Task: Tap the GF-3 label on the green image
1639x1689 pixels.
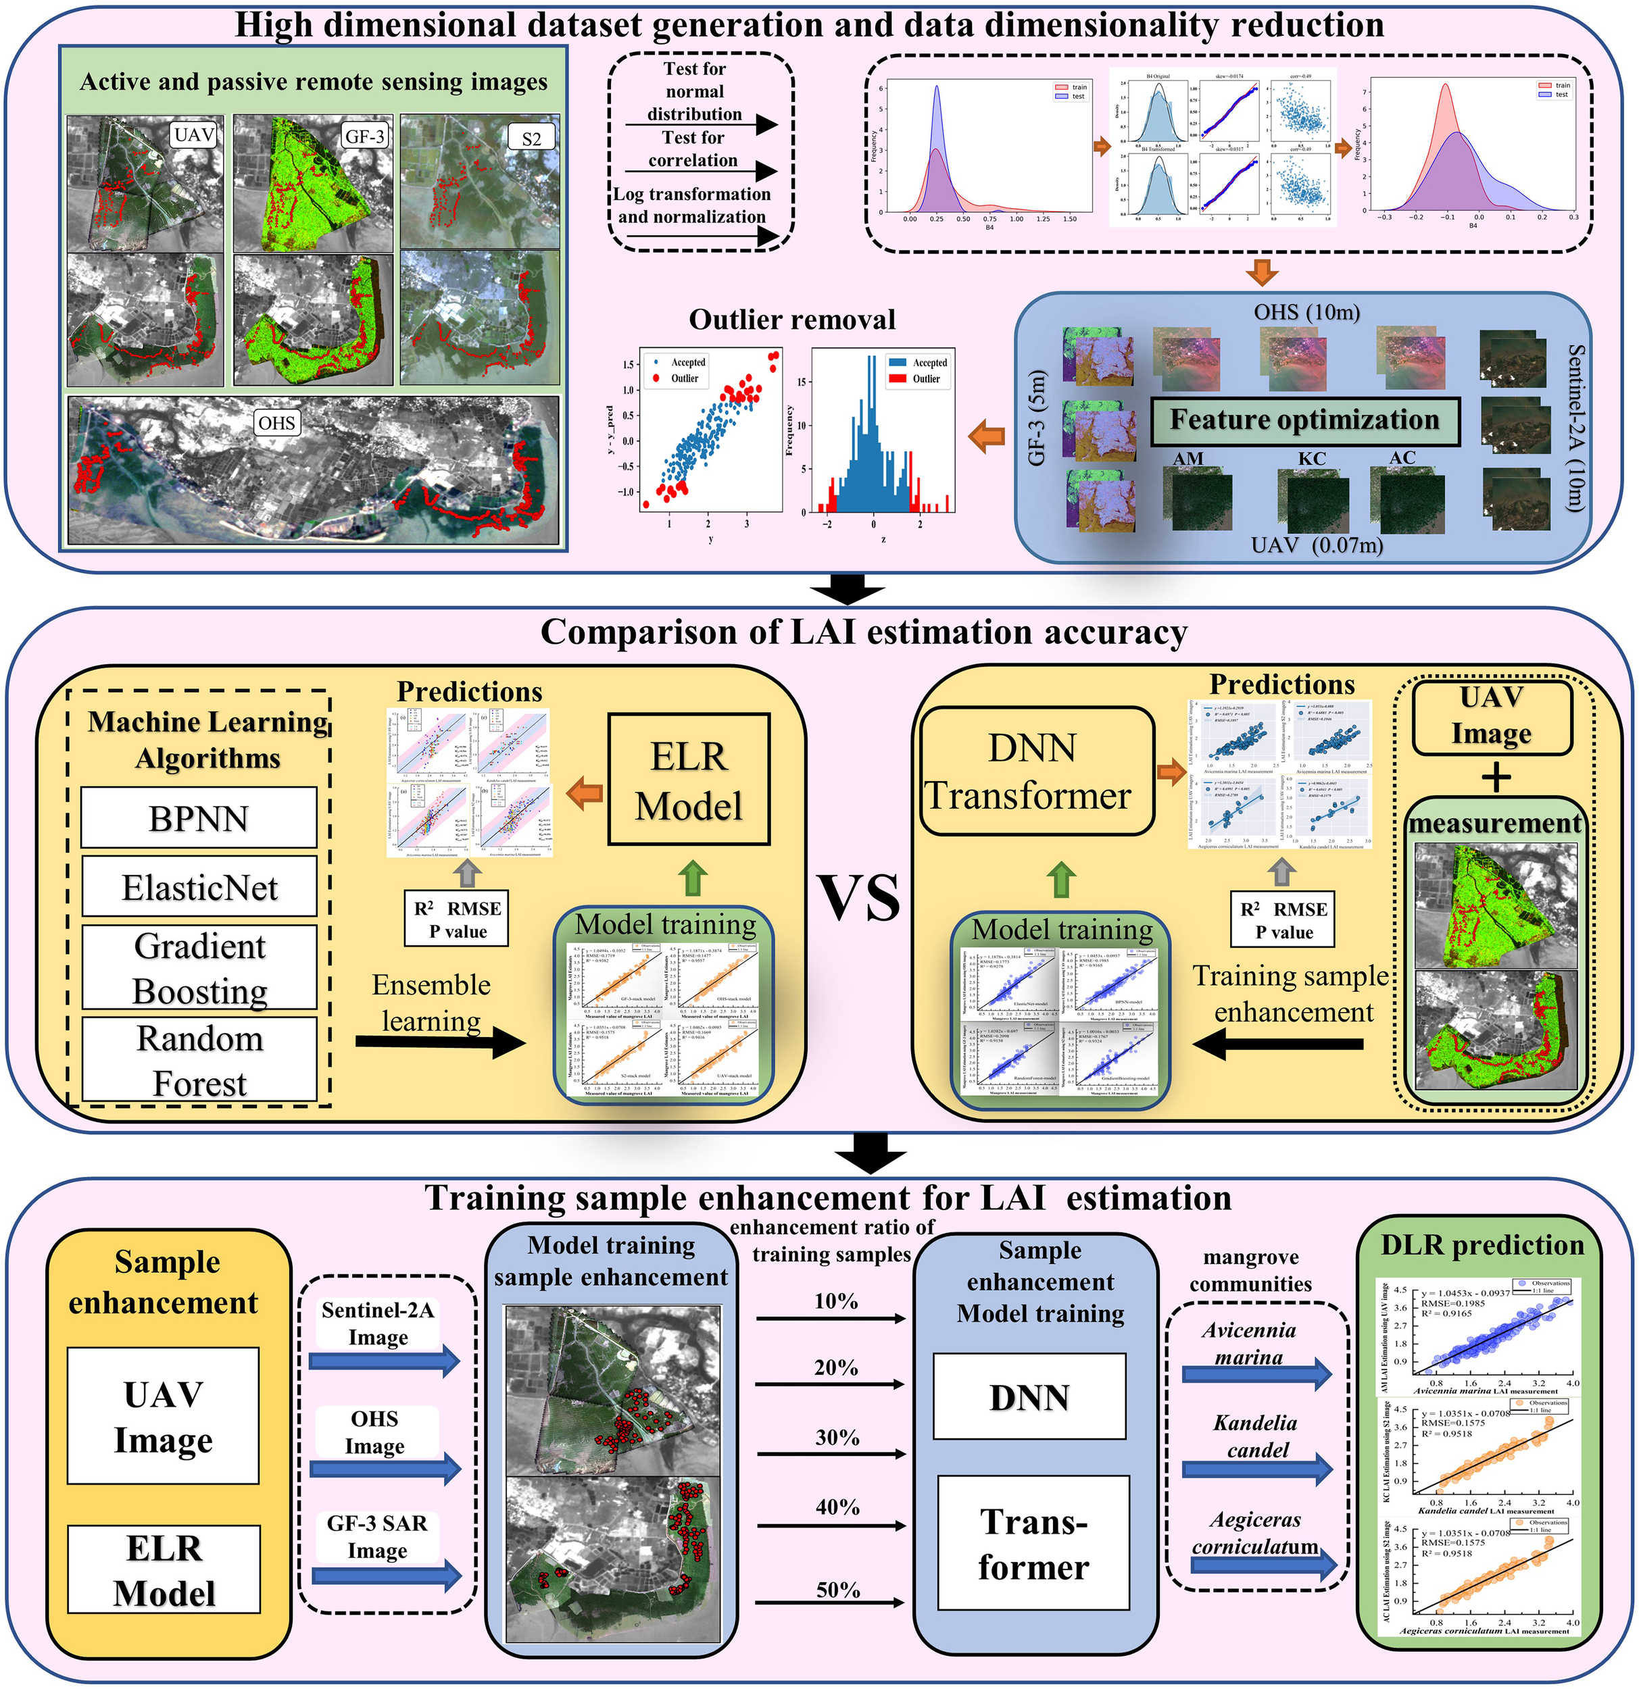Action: click(x=364, y=136)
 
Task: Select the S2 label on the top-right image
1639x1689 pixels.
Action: click(x=531, y=138)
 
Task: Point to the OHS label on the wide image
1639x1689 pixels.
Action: click(x=276, y=423)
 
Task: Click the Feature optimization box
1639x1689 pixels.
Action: click(x=1304, y=420)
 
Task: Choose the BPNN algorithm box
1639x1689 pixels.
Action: click(x=199, y=817)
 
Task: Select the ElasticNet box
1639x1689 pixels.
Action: click(x=199, y=888)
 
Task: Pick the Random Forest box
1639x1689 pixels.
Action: click(x=199, y=1061)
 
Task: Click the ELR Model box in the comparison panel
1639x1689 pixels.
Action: click(x=689, y=780)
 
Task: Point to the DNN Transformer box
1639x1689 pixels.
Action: click(x=1035, y=772)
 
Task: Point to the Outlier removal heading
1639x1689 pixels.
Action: click(x=791, y=320)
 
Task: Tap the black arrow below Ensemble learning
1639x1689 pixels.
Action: click(x=440, y=1044)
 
